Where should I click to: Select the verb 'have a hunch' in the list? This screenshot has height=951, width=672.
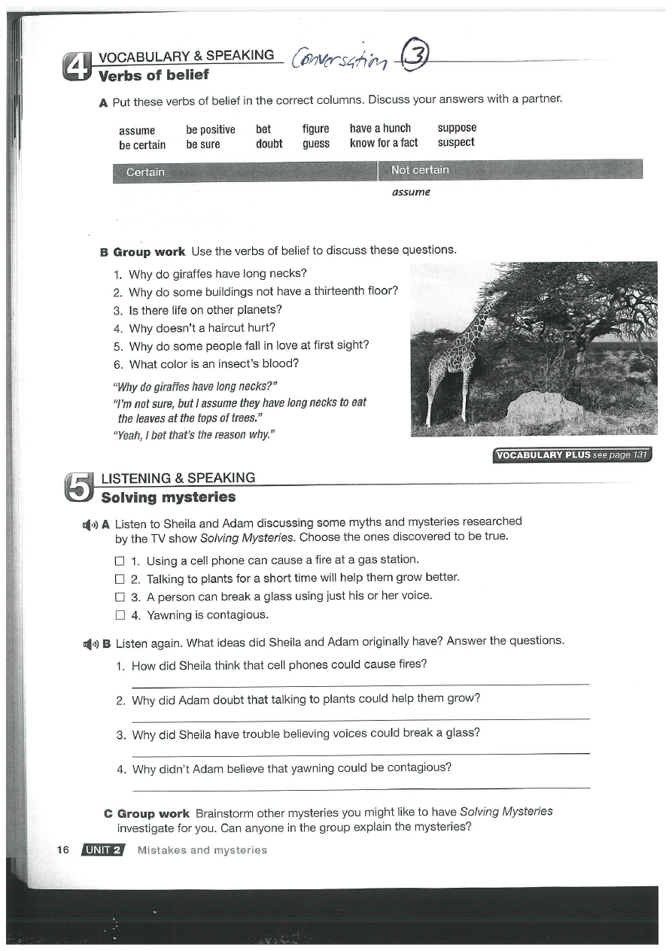pyautogui.click(x=380, y=128)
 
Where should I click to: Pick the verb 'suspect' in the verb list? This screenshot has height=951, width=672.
pyautogui.click(x=456, y=142)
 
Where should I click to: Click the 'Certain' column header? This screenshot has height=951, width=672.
pyautogui.click(x=145, y=172)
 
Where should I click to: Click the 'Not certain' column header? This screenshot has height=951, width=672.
pyautogui.click(x=420, y=170)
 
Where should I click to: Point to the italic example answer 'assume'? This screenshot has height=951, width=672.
pyautogui.click(x=411, y=192)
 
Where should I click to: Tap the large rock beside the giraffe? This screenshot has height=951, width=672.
pyautogui.click(x=544, y=407)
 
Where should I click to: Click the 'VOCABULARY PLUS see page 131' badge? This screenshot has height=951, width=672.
pyautogui.click(x=571, y=455)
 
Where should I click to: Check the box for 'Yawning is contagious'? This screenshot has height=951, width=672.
pyautogui.click(x=119, y=615)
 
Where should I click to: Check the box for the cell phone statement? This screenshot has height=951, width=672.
pyautogui.click(x=119, y=561)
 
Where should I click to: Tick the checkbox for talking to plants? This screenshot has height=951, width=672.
pyautogui.click(x=119, y=579)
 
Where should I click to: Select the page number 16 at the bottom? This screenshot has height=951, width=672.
pyautogui.click(x=62, y=850)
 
